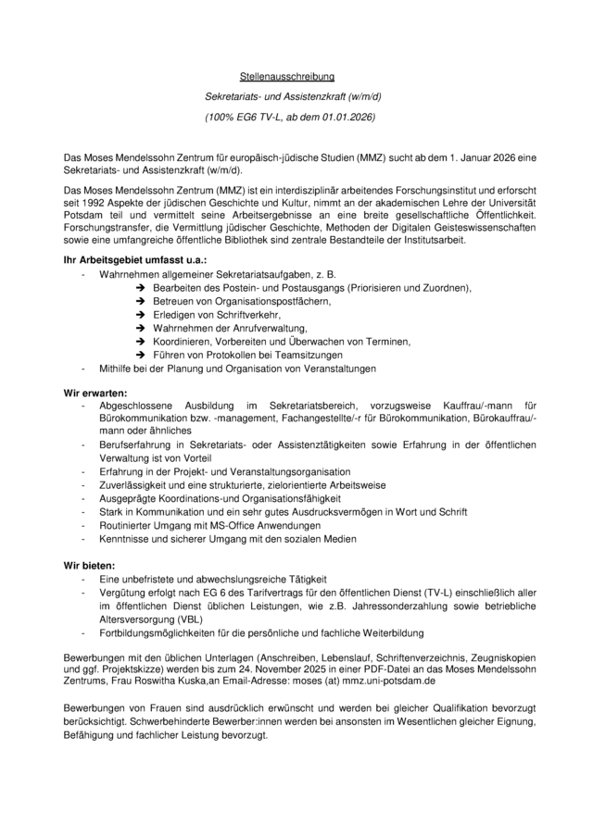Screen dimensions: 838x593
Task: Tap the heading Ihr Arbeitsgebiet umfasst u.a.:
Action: tap(134, 262)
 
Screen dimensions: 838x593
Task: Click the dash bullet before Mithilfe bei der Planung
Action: tap(85, 368)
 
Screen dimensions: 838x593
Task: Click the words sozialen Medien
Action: tap(323, 537)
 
